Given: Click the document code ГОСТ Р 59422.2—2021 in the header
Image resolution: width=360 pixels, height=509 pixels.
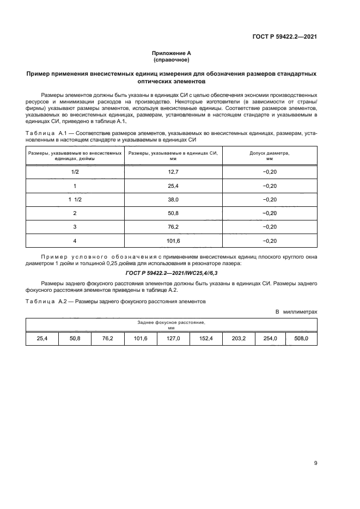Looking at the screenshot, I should (284, 37).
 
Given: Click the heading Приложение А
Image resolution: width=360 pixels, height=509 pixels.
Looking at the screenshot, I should (171, 53).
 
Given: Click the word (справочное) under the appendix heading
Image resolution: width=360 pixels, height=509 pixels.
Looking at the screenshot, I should (171, 59).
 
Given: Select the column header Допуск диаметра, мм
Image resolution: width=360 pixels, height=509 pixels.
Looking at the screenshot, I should (269, 156).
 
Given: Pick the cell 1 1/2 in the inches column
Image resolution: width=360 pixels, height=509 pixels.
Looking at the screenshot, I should (75, 199).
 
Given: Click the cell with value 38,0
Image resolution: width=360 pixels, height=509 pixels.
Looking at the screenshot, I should (173, 199).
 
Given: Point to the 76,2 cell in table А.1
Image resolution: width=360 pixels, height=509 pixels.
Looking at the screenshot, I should (173, 226).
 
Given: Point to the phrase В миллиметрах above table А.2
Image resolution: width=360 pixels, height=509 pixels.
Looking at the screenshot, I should (296, 311).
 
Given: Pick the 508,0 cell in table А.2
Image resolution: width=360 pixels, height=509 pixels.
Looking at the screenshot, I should (301, 338).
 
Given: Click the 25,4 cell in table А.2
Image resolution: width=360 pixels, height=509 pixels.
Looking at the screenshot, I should (42, 338).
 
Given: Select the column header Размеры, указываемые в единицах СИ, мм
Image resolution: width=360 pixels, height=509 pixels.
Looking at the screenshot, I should (173, 156).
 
